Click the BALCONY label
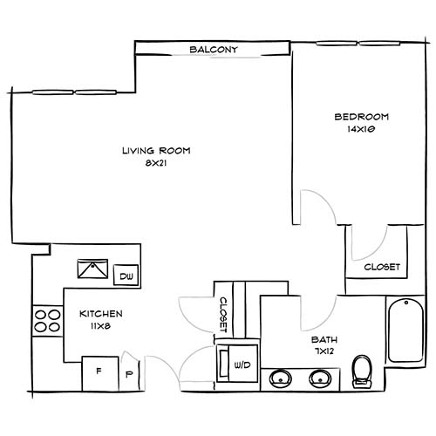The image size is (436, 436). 214,51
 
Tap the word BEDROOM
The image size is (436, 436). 361,117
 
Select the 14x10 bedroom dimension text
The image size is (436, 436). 361,129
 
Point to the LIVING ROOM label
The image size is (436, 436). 156,151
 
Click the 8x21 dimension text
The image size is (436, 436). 156,163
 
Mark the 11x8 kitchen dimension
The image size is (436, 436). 100,325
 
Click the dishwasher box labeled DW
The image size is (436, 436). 126,276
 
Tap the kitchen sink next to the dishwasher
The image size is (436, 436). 92,269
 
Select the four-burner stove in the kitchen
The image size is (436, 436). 46,321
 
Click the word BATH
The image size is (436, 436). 325,340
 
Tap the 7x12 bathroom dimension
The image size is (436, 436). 325,351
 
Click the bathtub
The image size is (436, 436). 405,330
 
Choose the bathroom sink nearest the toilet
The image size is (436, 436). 320,378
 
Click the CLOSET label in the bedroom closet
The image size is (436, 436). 381,267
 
